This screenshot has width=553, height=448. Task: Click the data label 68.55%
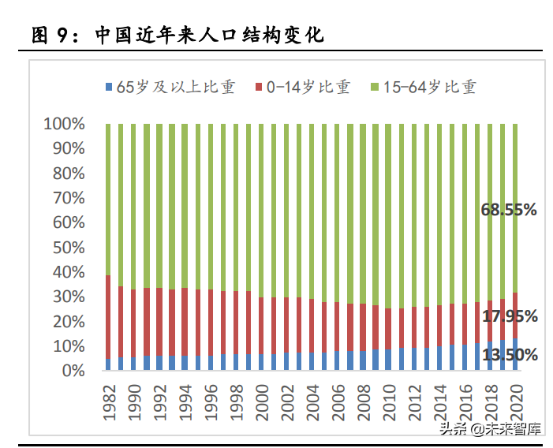[x=509, y=210]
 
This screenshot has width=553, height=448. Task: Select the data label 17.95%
[x=509, y=316]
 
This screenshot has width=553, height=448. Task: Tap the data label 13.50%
[x=509, y=355]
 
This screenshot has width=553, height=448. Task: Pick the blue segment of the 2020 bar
[x=515, y=354]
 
